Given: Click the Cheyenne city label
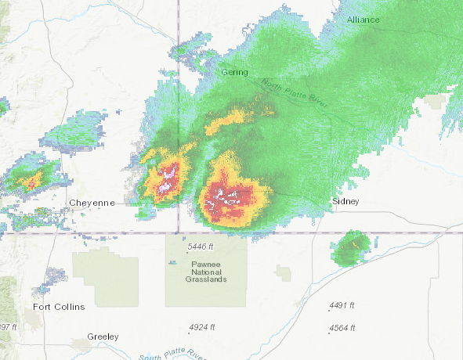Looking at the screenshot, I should [92, 203].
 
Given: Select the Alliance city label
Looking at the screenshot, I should [363, 19].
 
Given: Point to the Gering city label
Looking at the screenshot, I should [233, 72].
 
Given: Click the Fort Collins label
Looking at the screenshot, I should [59, 307].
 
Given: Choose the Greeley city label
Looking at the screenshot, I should [103, 337].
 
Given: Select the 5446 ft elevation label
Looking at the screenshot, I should [201, 247].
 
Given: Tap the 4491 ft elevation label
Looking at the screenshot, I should [342, 305].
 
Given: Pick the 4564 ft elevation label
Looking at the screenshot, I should [342, 327].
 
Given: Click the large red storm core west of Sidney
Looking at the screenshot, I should [232, 197].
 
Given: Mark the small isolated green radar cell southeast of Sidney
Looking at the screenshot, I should [352, 247].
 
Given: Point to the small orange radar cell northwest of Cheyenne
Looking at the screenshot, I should [31, 182].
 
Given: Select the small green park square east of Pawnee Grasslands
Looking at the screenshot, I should [283, 272].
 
